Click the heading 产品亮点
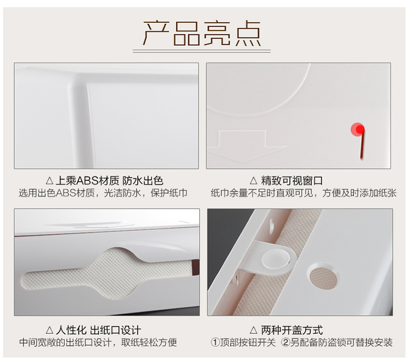[202, 33]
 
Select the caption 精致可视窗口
[292, 180]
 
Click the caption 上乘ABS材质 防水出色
[109, 180]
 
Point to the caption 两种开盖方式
[292, 330]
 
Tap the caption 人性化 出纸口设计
[98, 330]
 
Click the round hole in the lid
[324, 277]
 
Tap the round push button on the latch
[276, 259]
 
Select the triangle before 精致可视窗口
[254, 180]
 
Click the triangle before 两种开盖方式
[254, 330]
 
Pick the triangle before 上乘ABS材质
[50, 180]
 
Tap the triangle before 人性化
[50, 330]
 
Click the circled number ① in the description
[215, 342]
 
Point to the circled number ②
[286, 342]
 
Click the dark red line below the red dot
[362, 144]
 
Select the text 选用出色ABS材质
[57, 193]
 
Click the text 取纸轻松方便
[149, 342]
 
